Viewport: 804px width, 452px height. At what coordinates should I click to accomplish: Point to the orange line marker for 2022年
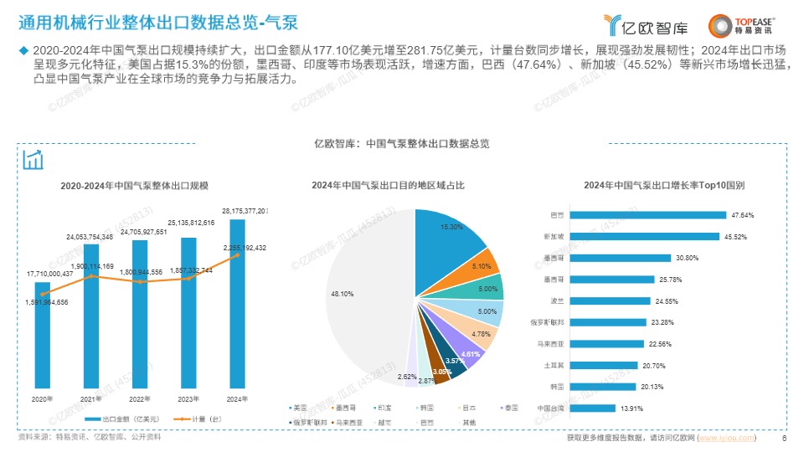[x=141, y=282]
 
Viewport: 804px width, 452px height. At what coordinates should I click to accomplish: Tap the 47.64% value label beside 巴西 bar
[x=743, y=215]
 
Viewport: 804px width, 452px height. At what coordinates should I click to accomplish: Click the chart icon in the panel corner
[x=33, y=159]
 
